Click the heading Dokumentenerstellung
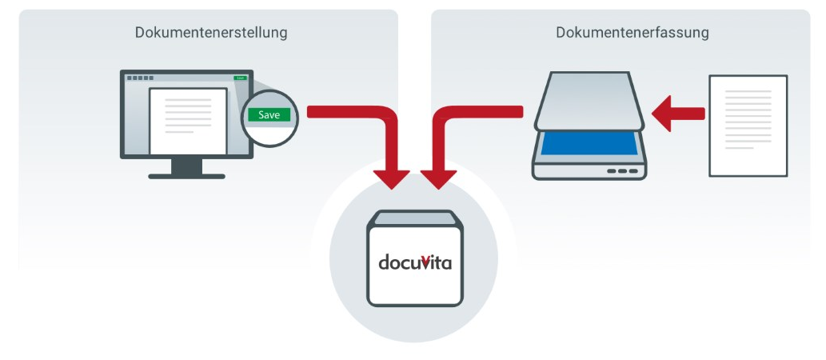coord(211,33)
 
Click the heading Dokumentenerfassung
coord(632,33)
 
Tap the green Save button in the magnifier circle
coord(269,115)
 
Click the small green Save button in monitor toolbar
coord(239,78)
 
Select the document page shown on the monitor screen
coord(182,119)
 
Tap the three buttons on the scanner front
coord(623,171)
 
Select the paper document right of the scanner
coord(748,126)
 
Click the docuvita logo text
coord(415,262)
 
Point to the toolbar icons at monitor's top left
coord(139,78)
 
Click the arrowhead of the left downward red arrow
coord(395,179)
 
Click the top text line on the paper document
coord(748,92)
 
